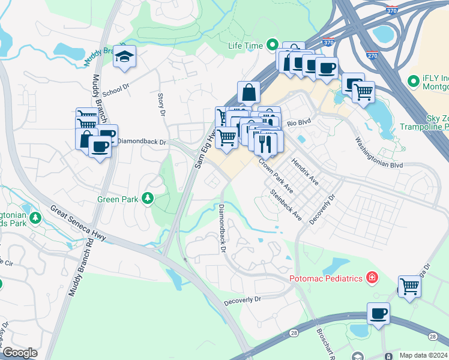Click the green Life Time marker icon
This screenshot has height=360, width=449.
tap(273, 45)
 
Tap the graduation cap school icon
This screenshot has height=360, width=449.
tap(125, 56)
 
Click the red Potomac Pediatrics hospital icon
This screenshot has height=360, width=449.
tap(372, 278)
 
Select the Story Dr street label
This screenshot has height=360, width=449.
tap(161, 103)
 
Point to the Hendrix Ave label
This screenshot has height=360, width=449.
tap(304, 172)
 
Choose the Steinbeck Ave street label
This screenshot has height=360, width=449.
tap(286, 205)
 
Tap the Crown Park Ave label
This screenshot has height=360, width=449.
tap(276, 175)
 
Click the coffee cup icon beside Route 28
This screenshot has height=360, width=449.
tap(378, 313)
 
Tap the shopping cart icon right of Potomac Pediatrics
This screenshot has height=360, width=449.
tap(409, 286)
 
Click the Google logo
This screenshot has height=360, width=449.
tap(20, 353)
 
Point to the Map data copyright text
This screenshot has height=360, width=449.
tap(424, 355)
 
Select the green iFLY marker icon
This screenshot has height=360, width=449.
tap(413, 80)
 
